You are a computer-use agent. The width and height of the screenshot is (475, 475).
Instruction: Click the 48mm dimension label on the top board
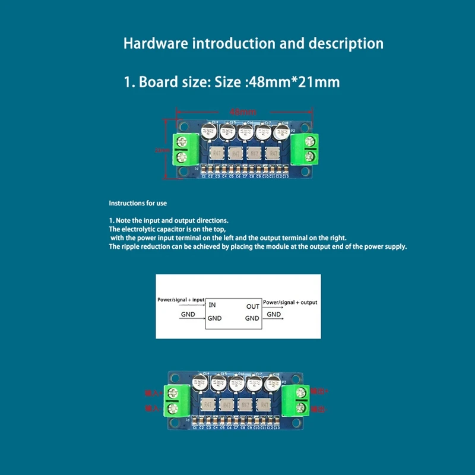(242, 111)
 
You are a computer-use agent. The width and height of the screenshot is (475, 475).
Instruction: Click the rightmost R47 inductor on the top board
(274, 153)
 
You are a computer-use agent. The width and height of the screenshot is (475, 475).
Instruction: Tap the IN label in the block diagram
(213, 305)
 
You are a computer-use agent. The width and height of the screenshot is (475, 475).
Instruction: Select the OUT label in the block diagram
(253, 306)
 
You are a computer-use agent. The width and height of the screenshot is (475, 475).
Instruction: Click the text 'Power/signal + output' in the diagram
(290, 302)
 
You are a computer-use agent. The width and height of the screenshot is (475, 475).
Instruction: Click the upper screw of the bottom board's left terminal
(175, 392)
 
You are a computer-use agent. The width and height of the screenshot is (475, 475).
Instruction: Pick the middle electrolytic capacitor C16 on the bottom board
(236, 384)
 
